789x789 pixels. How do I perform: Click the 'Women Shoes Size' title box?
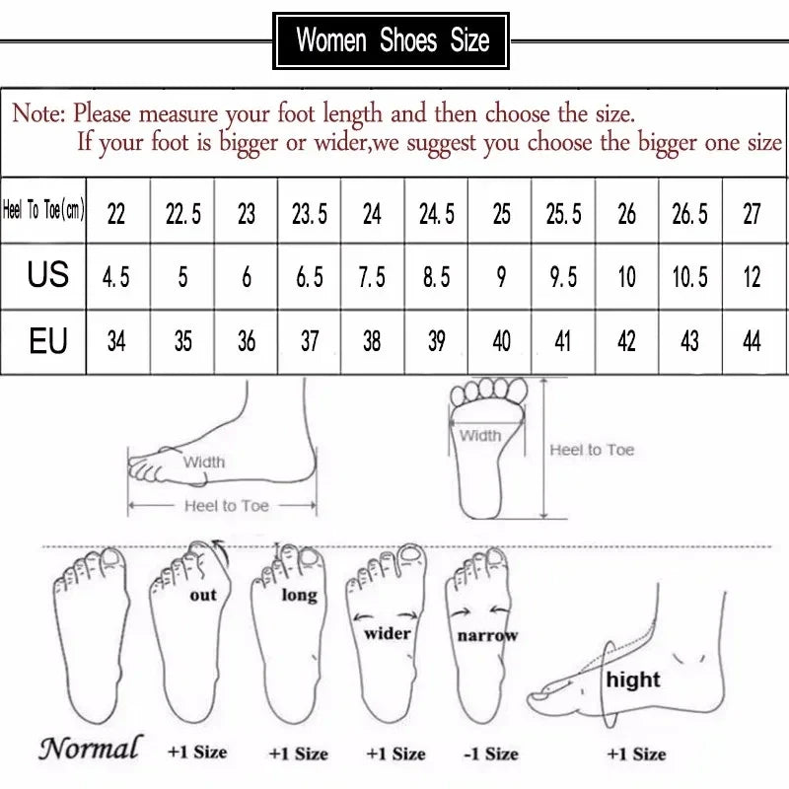point(393,40)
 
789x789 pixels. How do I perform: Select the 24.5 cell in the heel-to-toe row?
point(437,213)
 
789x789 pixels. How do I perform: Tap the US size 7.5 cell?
point(372,277)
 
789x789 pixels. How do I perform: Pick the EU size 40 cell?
point(501,341)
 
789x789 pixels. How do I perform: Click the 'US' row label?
point(47,275)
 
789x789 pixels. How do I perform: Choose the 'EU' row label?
point(47,341)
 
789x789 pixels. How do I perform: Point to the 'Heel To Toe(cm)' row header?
point(44,211)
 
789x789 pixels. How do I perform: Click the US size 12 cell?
point(752,277)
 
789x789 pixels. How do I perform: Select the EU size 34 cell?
point(116,341)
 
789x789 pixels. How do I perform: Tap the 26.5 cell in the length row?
point(689,213)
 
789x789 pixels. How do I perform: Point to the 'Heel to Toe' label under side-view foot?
point(226,506)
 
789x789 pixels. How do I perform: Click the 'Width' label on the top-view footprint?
point(480,435)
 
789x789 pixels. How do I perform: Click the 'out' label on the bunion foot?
point(202,595)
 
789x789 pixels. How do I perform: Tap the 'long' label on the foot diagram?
point(299,595)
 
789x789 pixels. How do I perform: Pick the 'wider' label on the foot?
point(388,633)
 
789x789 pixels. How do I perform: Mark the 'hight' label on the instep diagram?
point(633,680)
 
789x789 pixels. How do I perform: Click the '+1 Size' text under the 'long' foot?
point(298,753)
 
